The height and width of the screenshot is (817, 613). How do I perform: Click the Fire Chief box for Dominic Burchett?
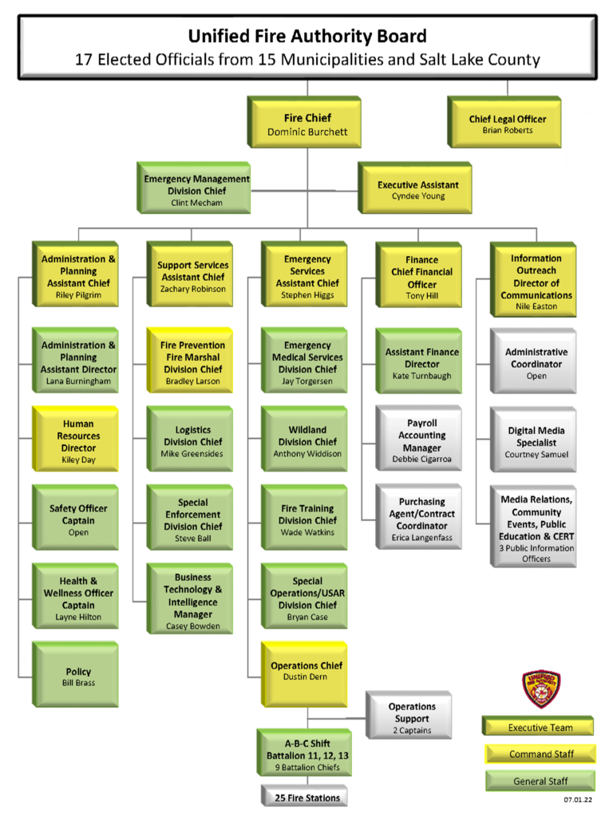307,124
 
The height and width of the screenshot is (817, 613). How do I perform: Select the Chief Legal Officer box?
507,124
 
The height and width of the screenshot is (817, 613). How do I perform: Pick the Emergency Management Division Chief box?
196,190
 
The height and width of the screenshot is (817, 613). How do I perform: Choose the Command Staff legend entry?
541,754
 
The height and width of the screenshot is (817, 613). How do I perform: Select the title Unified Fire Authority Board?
307,36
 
